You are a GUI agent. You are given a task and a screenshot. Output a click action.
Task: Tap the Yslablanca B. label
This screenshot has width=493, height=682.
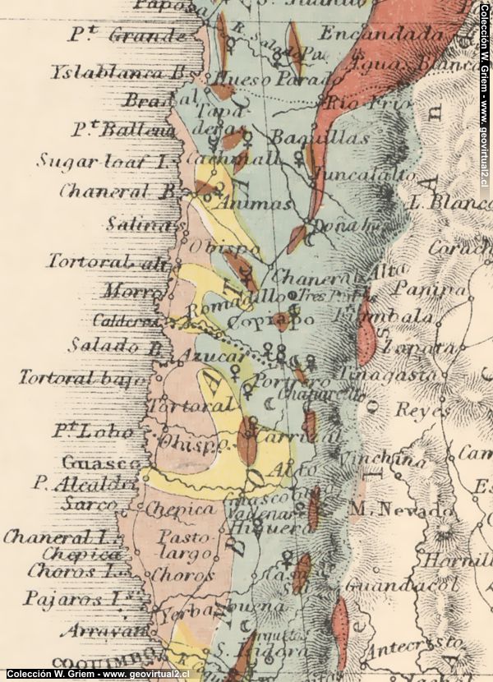(120, 71)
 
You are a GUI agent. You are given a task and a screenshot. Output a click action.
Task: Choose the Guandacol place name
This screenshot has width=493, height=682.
(400, 585)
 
